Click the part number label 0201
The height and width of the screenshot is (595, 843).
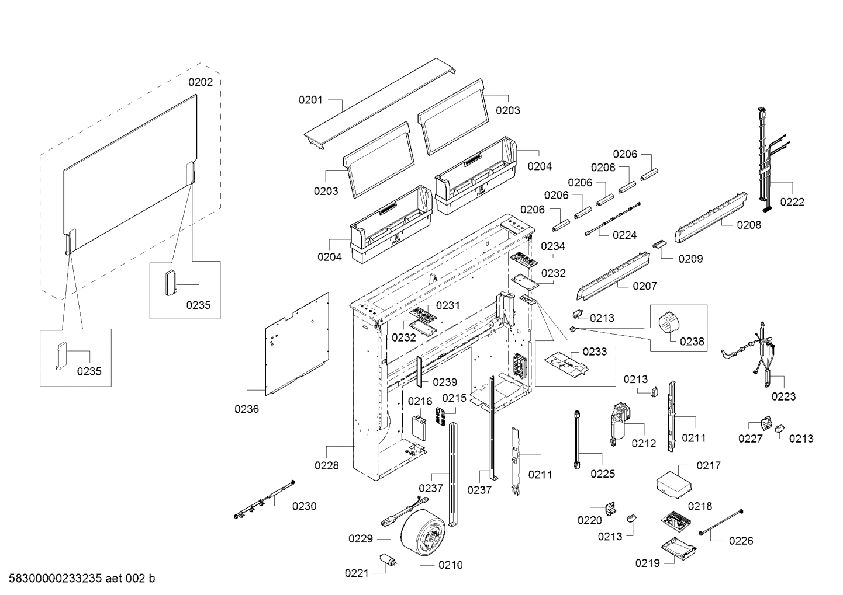[x=310, y=100]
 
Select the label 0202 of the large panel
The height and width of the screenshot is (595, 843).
[x=200, y=82]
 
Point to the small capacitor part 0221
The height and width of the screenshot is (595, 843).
[x=388, y=561]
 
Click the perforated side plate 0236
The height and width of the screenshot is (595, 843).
[x=297, y=344]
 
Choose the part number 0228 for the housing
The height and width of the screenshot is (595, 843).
[x=327, y=466]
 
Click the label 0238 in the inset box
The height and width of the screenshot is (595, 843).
[x=692, y=341]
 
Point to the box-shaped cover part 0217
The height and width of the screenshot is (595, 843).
[x=674, y=485]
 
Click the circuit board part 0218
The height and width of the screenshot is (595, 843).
[x=676, y=521]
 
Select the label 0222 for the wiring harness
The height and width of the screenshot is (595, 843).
[x=792, y=202]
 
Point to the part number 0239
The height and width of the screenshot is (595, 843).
[x=445, y=382]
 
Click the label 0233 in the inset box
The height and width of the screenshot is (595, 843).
[x=595, y=352]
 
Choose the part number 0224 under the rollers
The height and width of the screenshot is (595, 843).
[x=625, y=235]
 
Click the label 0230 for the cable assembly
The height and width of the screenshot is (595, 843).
[x=304, y=506]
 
